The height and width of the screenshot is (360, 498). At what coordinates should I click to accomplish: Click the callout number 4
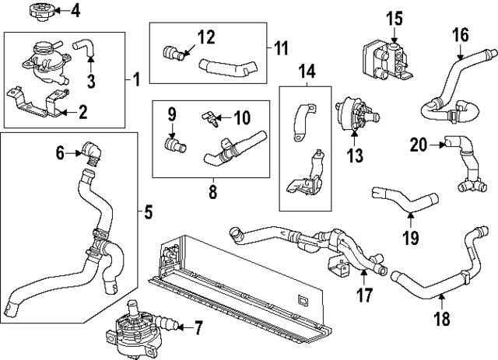pyautogui.click(x=75, y=11)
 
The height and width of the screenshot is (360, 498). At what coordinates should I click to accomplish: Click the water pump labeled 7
pyautogui.click(x=128, y=323)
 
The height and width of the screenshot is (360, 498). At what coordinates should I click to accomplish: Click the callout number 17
pyautogui.click(x=363, y=295)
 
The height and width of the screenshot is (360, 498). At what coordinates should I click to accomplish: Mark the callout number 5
pyautogui.click(x=149, y=210)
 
